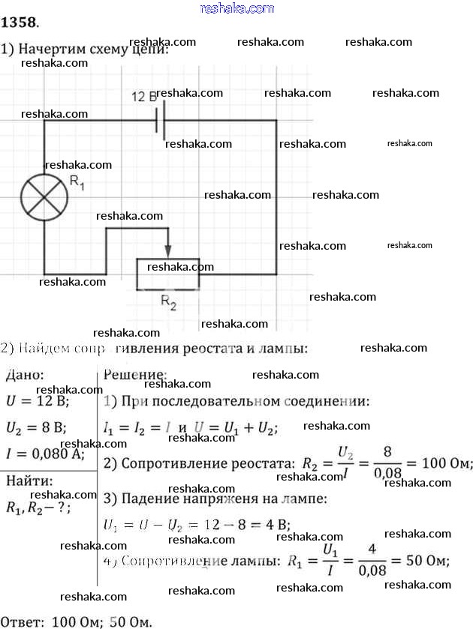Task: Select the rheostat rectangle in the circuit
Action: point(167,273)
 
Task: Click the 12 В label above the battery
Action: point(143,97)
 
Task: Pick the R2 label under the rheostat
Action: point(169,304)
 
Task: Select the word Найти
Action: point(29,481)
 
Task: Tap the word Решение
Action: point(135,374)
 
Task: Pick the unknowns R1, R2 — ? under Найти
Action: point(38,508)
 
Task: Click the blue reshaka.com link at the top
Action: point(236,8)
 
